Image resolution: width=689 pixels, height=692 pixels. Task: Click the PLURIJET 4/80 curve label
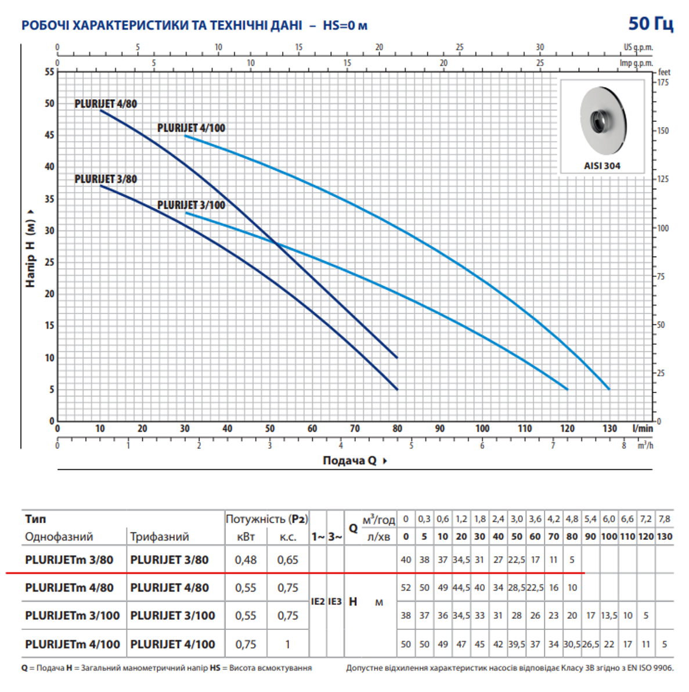point(106,104)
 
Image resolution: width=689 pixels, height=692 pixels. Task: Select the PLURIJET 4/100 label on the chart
point(191,128)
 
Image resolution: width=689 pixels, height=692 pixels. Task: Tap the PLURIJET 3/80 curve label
point(106,179)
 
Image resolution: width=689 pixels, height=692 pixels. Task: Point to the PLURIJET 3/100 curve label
point(191,205)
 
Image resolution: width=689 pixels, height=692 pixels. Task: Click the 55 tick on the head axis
point(49,72)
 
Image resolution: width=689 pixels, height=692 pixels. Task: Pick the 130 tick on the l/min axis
point(609,428)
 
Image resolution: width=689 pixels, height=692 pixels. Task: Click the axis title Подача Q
point(350,460)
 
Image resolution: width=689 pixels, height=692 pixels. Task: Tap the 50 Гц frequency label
point(651,23)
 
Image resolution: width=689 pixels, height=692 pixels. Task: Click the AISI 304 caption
point(602,165)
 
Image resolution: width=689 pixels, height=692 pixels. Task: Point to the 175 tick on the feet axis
point(663,82)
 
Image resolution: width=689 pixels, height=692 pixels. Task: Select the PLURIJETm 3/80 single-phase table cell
point(69,560)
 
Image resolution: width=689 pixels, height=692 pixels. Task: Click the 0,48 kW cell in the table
point(246,560)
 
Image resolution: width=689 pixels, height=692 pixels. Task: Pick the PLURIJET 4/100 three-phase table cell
point(172,644)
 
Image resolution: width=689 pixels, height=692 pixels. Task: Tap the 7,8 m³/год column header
point(665,518)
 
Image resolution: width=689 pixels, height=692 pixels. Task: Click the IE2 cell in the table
point(318,601)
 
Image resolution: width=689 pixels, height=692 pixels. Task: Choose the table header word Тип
point(35,518)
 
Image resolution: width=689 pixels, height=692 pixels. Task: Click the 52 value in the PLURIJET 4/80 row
point(406,588)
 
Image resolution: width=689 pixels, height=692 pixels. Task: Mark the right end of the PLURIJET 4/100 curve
point(609,389)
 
